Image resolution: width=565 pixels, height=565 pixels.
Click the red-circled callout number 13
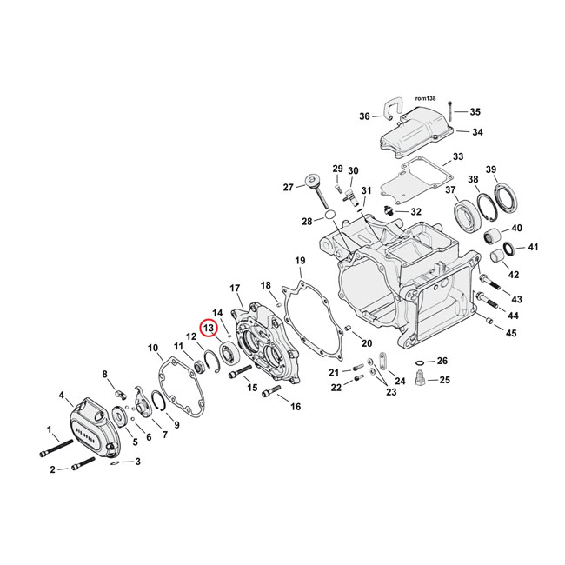click(209, 328)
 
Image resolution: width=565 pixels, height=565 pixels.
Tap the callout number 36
click(364, 116)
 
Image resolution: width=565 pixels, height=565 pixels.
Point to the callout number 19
click(299, 261)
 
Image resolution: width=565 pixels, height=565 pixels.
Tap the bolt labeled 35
click(449, 110)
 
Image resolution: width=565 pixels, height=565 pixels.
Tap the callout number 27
click(289, 186)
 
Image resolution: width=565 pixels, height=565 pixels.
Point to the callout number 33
click(458, 159)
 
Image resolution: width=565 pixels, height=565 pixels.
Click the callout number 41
click(533, 247)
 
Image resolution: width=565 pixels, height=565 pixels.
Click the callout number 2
click(52, 469)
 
